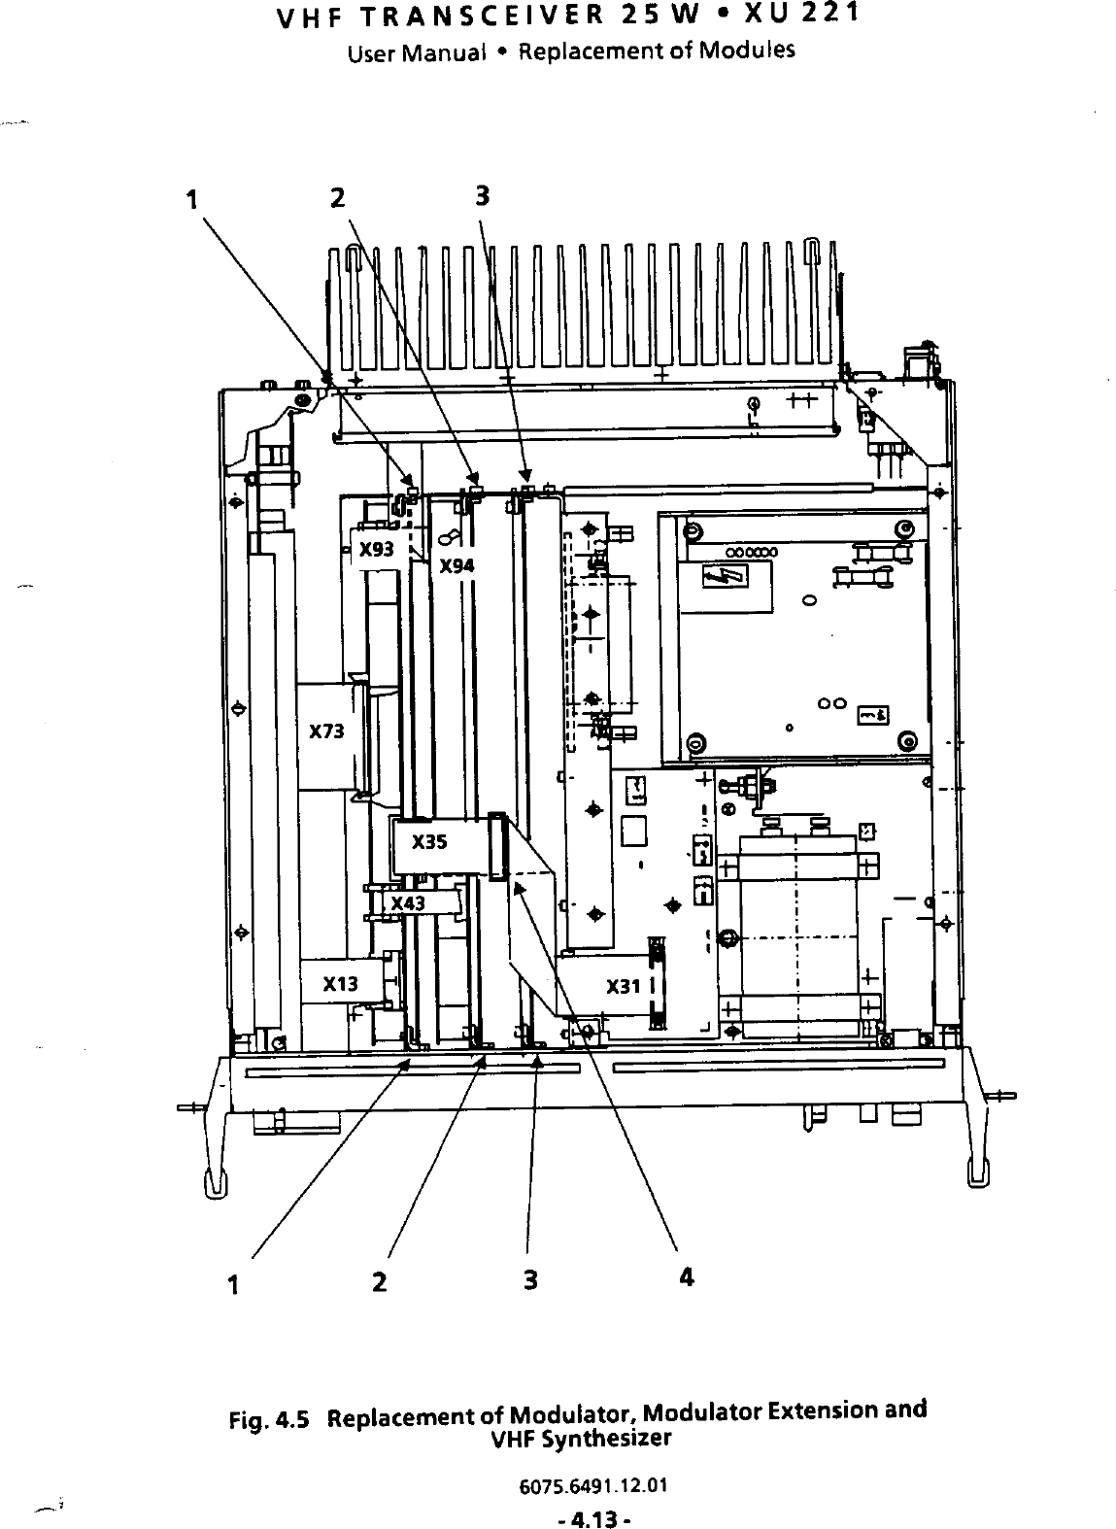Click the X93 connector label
click(376, 549)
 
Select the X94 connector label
click(457, 565)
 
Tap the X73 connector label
click(326, 731)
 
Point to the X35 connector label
click(429, 842)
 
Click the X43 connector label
click(408, 903)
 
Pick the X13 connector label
click(340, 984)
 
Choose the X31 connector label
click(624, 987)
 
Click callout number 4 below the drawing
click(687, 1277)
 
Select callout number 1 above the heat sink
click(192, 199)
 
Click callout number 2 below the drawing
click(379, 1281)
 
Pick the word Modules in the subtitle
click(756, 50)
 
